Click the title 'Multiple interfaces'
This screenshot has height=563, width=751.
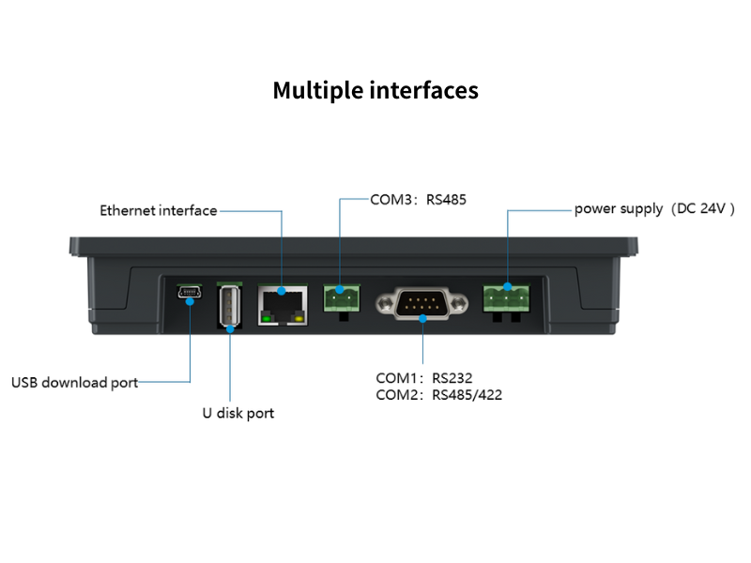tap(375, 90)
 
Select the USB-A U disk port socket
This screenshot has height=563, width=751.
tap(229, 306)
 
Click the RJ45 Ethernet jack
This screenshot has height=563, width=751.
tap(283, 302)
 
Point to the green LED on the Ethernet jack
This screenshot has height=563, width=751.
tap(268, 319)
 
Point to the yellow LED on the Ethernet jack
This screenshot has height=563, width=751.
tap(299, 319)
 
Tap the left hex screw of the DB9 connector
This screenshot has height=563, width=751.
tap(387, 303)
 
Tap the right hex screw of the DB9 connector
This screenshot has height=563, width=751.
tap(459, 303)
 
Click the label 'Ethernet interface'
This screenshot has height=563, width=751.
tap(159, 210)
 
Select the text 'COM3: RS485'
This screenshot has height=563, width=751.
tap(418, 199)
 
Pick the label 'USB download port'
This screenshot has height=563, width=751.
tap(74, 382)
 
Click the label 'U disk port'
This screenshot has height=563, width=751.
tap(238, 413)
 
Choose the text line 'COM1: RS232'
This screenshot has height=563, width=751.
tap(423, 378)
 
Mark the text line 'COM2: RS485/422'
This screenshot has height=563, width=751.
tap(438, 395)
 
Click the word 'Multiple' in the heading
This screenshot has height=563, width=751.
tap(317, 90)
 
